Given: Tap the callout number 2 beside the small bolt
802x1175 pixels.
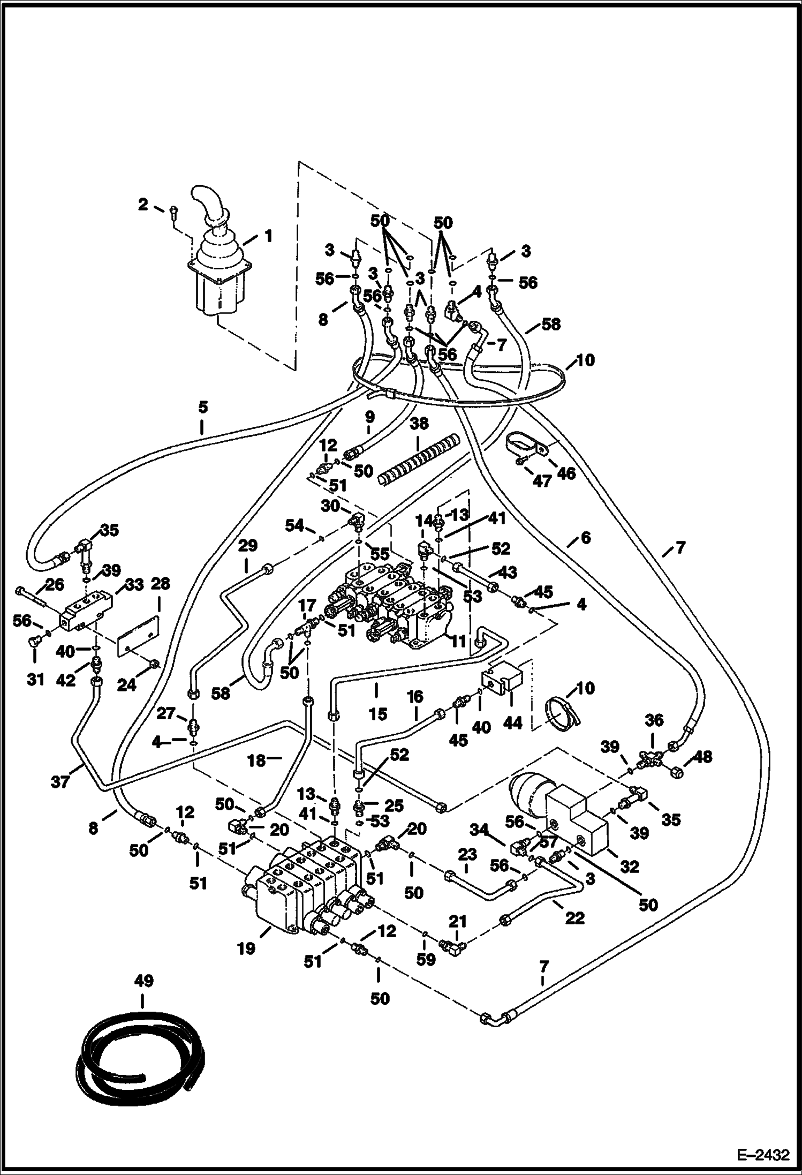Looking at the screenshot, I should (143, 204).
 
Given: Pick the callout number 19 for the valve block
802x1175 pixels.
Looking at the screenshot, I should (247, 948).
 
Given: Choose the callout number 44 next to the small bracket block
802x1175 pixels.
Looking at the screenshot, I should (512, 723).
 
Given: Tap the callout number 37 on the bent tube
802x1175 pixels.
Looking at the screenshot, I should (60, 781).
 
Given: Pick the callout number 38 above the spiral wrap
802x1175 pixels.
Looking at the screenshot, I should (419, 423).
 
